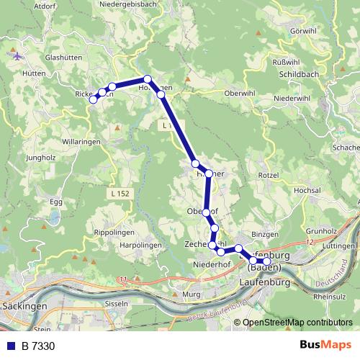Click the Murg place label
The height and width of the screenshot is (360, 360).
(x=192, y=294)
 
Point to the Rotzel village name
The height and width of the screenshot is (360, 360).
(x=269, y=174)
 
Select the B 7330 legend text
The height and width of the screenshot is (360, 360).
(x=37, y=347)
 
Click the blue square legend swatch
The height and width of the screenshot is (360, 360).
(x=10, y=347)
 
